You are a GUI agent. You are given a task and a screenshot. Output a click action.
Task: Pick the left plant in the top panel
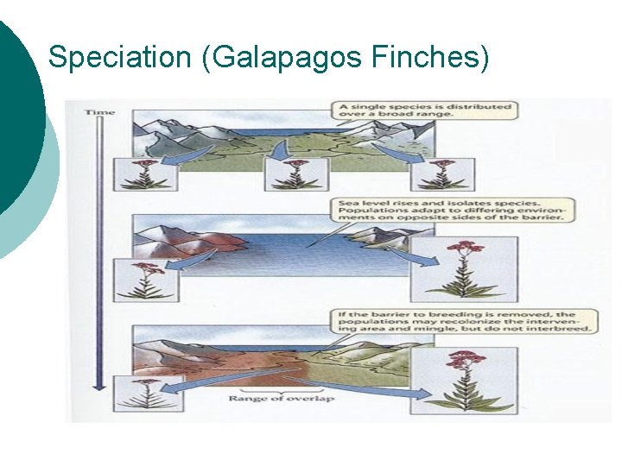click(x=153, y=174)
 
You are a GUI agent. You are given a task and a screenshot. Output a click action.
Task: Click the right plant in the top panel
click(x=444, y=174)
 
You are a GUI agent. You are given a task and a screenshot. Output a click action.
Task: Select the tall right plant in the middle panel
click(x=465, y=268)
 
